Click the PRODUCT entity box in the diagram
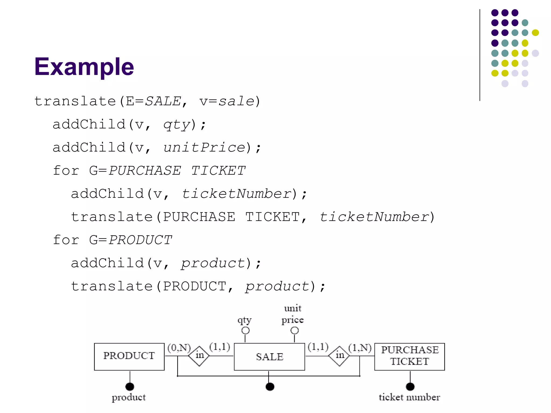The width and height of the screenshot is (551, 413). (129, 357)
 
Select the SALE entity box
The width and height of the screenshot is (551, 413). (269, 357)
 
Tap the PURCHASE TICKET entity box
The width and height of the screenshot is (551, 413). (409, 357)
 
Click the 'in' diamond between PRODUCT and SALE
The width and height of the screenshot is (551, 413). (199, 356)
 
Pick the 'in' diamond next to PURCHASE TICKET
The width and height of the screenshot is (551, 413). (340, 356)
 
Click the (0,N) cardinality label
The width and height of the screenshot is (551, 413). (179, 348)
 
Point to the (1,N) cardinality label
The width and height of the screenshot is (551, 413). (360, 348)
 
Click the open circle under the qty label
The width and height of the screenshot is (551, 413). (245, 330)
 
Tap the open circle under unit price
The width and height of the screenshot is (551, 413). (295, 330)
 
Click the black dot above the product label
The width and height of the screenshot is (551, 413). (130, 387)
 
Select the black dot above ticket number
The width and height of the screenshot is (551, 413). (410, 387)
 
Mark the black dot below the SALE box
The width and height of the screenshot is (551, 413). (270, 387)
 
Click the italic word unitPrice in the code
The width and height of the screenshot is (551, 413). (204, 147)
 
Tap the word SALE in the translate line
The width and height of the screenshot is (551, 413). (163, 101)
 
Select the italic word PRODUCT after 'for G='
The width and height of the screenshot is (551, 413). (140, 240)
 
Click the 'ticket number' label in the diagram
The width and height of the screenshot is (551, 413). (409, 397)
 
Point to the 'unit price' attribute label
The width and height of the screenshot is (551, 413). (293, 314)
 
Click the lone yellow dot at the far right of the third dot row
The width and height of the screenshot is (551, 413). (535, 33)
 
